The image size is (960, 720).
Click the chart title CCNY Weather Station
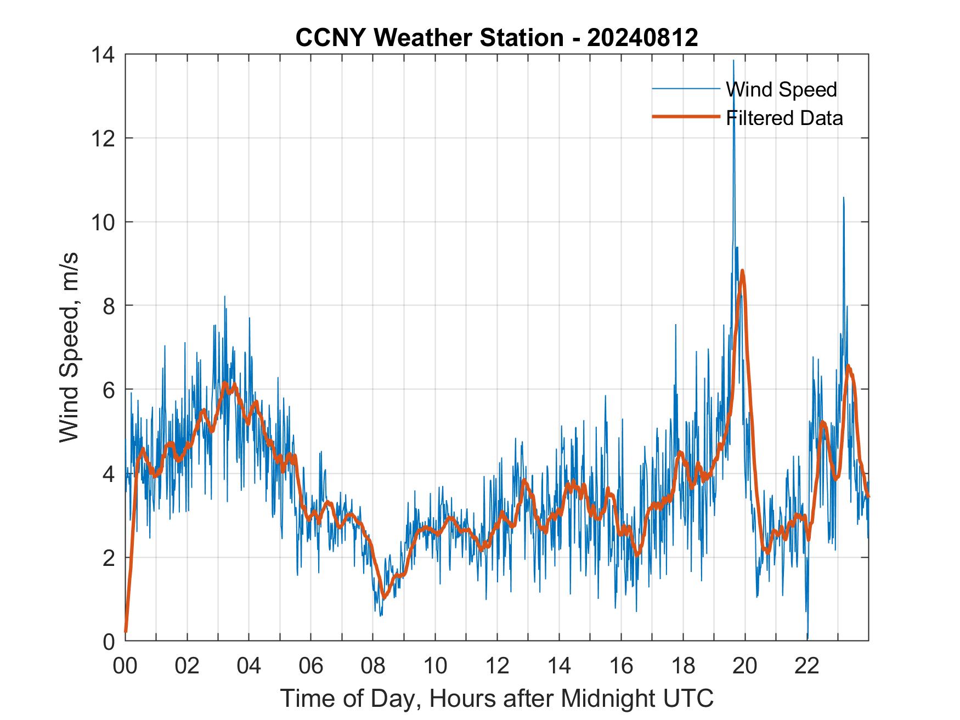pyautogui.click(x=496, y=37)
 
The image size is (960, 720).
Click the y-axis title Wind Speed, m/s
pyautogui.click(x=69, y=347)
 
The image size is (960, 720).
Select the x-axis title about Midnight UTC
pyautogui.click(x=496, y=698)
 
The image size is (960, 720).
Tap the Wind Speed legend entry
pyautogui.click(x=781, y=89)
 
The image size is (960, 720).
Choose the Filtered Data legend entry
pyautogui.click(x=784, y=118)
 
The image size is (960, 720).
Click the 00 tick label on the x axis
pyautogui.click(x=125, y=666)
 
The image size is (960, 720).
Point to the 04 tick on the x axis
pyautogui.click(x=249, y=666)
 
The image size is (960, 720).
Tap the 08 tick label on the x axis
pyautogui.click(x=373, y=666)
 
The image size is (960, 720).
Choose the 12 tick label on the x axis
pyautogui.click(x=497, y=666)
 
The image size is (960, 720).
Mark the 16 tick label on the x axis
pyautogui.click(x=621, y=666)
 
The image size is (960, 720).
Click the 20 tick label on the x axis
pyautogui.click(x=745, y=666)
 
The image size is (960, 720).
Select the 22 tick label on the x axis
pyautogui.click(x=807, y=666)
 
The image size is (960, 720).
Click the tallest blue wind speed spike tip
pyautogui.click(x=733, y=60)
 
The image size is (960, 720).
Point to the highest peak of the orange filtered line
pyautogui.click(x=742, y=270)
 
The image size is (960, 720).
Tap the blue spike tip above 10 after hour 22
pyautogui.click(x=843, y=197)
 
